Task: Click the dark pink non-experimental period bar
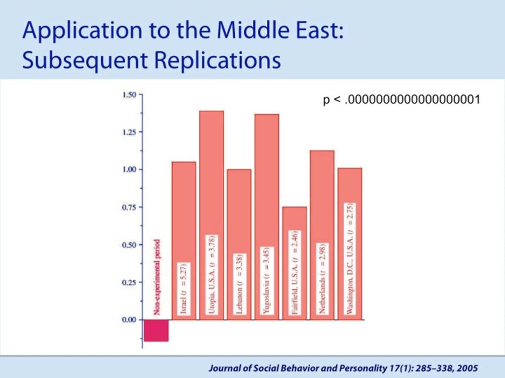coord(156,330)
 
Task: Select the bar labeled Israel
coord(184,241)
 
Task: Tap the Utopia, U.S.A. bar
coord(212,216)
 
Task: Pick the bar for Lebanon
coord(239,245)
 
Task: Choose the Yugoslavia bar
coord(267,217)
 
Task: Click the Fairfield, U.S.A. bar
coord(294,263)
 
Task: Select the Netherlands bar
coord(322,235)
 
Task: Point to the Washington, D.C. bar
coord(350,244)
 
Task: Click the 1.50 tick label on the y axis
coord(129,95)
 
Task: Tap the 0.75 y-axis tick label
coord(129,207)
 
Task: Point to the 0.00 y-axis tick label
coord(129,320)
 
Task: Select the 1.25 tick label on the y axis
coord(129,132)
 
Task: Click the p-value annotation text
coord(401,99)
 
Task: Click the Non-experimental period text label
coord(156,277)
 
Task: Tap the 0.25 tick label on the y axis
coord(129,283)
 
